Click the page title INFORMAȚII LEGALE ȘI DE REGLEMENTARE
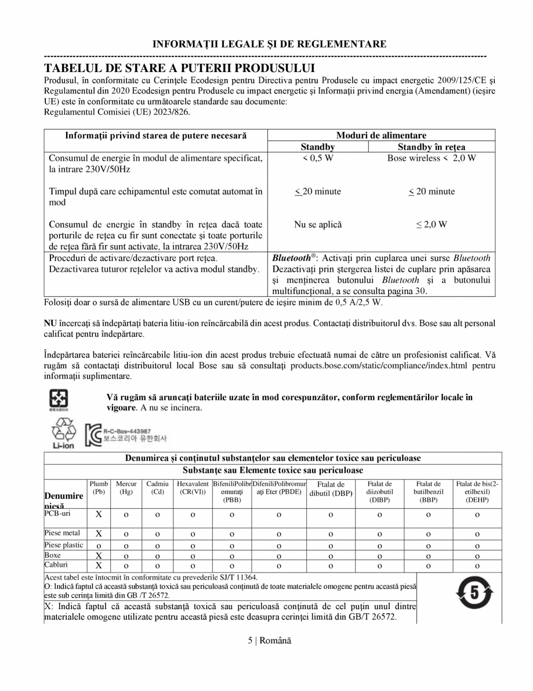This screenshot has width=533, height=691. (x=269, y=44)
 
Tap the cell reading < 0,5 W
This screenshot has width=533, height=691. (x=317, y=159)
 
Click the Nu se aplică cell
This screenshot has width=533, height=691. (x=317, y=224)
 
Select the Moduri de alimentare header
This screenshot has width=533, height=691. (x=381, y=135)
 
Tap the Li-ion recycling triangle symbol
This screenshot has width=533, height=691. (x=64, y=433)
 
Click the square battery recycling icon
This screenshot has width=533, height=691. (x=60, y=399)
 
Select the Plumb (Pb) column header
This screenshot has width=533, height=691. (x=99, y=488)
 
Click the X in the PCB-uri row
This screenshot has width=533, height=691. (x=99, y=514)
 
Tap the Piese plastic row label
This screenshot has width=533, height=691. (x=64, y=545)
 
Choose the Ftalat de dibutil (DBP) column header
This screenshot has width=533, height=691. (x=330, y=488)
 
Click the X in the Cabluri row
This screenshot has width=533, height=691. (x=99, y=565)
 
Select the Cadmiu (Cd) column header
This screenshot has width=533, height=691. (x=157, y=488)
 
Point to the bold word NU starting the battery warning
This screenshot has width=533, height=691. (x=50, y=322)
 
